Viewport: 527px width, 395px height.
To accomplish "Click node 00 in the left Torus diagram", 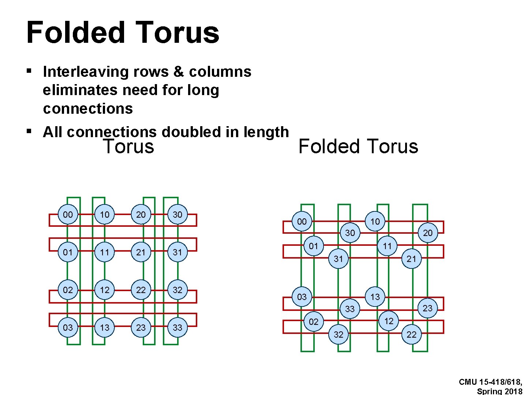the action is tap(68, 215).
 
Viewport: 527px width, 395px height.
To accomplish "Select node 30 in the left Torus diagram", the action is tap(177, 215).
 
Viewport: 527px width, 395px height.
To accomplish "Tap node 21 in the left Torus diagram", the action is tap(141, 252).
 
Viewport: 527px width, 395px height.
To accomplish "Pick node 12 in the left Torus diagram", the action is tap(105, 290).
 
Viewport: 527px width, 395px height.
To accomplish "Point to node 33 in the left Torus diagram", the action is tap(177, 327).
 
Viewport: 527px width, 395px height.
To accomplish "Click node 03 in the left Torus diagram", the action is tap(68, 327).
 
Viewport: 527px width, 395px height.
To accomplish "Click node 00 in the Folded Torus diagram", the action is tap(302, 222).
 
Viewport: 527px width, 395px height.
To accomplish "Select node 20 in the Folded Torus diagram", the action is tap(427, 233).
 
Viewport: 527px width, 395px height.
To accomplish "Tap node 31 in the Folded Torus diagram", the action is tap(339, 259).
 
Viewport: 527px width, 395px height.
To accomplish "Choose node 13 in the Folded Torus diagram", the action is tap(375, 297).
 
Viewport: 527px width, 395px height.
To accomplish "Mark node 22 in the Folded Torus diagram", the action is tap(411, 334).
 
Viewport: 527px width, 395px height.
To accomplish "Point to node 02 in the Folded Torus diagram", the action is tap(314, 321).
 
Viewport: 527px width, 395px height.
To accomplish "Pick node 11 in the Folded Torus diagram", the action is tap(387, 246).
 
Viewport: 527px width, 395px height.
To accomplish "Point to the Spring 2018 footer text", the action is tap(500, 391).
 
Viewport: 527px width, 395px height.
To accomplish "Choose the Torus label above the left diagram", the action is tap(128, 146).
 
